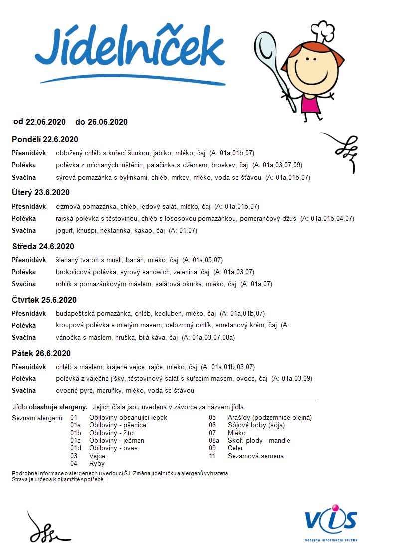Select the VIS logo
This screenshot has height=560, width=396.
click(331, 522)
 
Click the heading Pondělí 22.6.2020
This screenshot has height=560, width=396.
click(45, 139)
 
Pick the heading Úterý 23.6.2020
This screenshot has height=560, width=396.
click(41, 193)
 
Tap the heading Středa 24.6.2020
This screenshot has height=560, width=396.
click(43, 246)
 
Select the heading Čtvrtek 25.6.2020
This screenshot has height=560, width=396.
click(44, 300)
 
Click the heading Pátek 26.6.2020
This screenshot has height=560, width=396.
click(41, 354)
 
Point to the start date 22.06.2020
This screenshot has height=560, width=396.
click(46, 122)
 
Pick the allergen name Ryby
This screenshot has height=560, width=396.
click(97, 463)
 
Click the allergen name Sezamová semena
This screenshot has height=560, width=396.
click(255, 456)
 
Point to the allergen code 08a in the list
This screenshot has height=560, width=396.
click(214, 441)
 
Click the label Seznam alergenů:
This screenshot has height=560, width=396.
click(38, 418)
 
